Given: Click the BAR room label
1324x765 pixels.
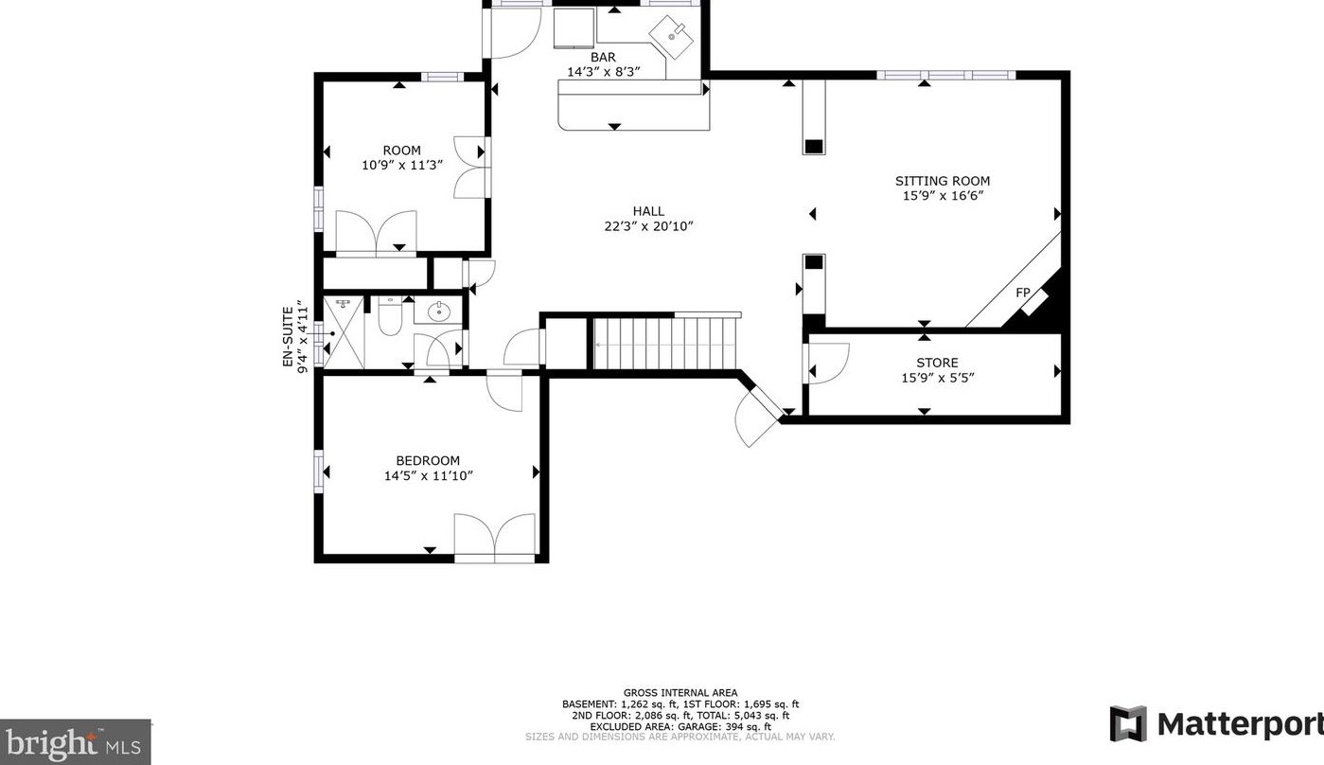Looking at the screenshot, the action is [603, 58].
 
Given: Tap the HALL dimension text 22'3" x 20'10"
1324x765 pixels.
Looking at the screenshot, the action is [648, 226].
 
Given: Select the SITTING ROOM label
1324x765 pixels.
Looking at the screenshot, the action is [943, 181].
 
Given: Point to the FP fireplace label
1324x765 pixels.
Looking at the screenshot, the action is [1022, 292].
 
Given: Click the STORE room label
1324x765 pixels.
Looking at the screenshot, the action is [938, 363].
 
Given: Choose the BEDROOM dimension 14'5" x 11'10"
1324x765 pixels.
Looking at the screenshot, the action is [429, 475].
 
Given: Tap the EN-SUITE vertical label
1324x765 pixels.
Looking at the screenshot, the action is [288, 336].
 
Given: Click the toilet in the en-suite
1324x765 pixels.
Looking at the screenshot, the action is [390, 316].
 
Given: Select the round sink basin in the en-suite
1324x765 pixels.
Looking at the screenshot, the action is [438, 311].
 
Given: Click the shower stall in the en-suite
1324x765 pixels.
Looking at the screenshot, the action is [344, 332].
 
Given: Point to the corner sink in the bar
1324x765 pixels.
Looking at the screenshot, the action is [672, 36].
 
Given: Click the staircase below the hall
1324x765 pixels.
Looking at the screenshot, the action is [665, 343].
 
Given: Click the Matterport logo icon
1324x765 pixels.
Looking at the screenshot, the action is [1127, 723].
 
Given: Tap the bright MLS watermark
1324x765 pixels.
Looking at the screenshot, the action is [75, 742].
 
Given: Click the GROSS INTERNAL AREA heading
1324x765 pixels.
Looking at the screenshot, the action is [680, 693].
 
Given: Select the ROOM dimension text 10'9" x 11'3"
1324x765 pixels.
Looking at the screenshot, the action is [402, 165].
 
